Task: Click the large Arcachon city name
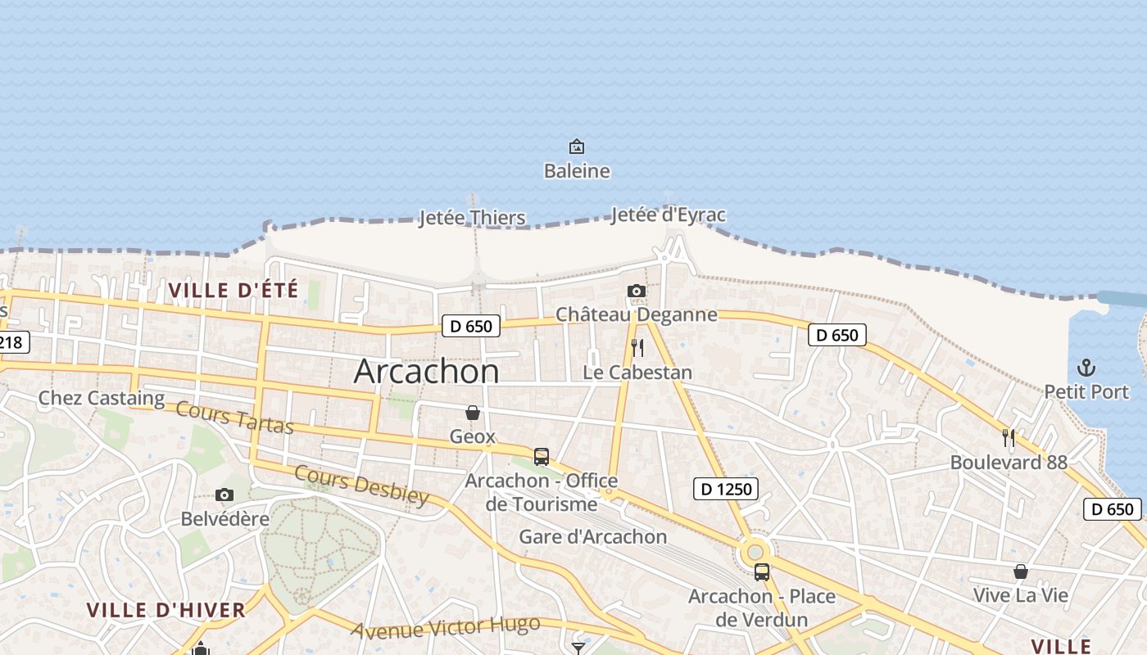pos(426,372)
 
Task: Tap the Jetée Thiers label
pos(472,218)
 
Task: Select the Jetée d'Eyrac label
pos(668,215)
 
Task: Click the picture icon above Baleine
pos(577,147)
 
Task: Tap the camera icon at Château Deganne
pos(636,291)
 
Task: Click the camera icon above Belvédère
pos(224,495)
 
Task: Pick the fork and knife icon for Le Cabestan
pos(637,348)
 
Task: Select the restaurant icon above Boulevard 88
pos(1009,438)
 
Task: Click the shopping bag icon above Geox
pos(473,413)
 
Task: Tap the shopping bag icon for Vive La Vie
pos(1021,571)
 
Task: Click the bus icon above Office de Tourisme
pos(542,457)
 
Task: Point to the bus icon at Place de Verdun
pos(762,572)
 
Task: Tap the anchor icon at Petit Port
pos(1086,368)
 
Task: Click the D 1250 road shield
pos(726,490)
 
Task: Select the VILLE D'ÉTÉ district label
pos(233,290)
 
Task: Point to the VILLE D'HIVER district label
pos(166,610)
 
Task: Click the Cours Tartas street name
pos(234,418)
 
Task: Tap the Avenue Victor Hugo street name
pos(447,627)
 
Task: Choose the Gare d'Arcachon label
pos(593,537)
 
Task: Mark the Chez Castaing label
pos(102,399)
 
